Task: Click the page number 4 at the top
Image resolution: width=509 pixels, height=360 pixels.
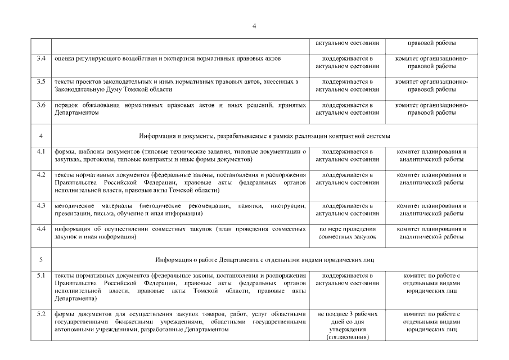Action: tap(254, 26)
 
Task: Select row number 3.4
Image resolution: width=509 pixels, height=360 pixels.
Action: tap(40, 58)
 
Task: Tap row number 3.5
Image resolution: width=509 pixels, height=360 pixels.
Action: tap(40, 82)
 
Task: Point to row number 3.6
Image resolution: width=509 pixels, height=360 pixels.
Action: tap(40, 105)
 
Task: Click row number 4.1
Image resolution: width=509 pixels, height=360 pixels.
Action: tap(40, 151)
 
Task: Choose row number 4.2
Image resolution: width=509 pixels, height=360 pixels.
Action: tap(40, 174)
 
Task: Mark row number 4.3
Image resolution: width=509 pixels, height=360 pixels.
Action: tap(40, 205)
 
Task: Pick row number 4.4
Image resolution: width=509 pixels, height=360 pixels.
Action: tap(40, 229)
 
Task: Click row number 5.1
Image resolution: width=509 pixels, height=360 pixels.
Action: tap(40, 275)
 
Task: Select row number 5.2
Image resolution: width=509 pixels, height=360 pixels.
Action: tap(40, 313)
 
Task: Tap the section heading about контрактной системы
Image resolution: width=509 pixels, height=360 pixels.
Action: tap(264, 136)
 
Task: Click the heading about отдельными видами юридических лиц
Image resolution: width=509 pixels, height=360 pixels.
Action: tap(264, 260)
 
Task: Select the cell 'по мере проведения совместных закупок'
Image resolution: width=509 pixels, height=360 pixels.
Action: tap(347, 233)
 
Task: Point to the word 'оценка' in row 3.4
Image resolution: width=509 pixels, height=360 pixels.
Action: tap(65, 58)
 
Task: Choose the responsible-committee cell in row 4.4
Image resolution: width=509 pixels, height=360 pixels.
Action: tap(431, 233)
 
